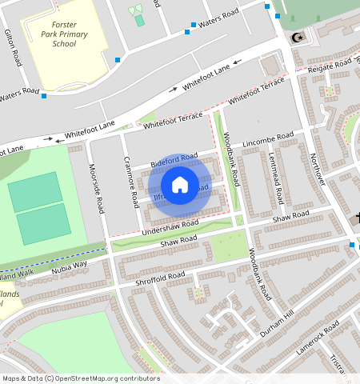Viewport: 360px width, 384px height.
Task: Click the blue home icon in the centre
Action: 180,185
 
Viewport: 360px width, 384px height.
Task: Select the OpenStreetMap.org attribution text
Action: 104,378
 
